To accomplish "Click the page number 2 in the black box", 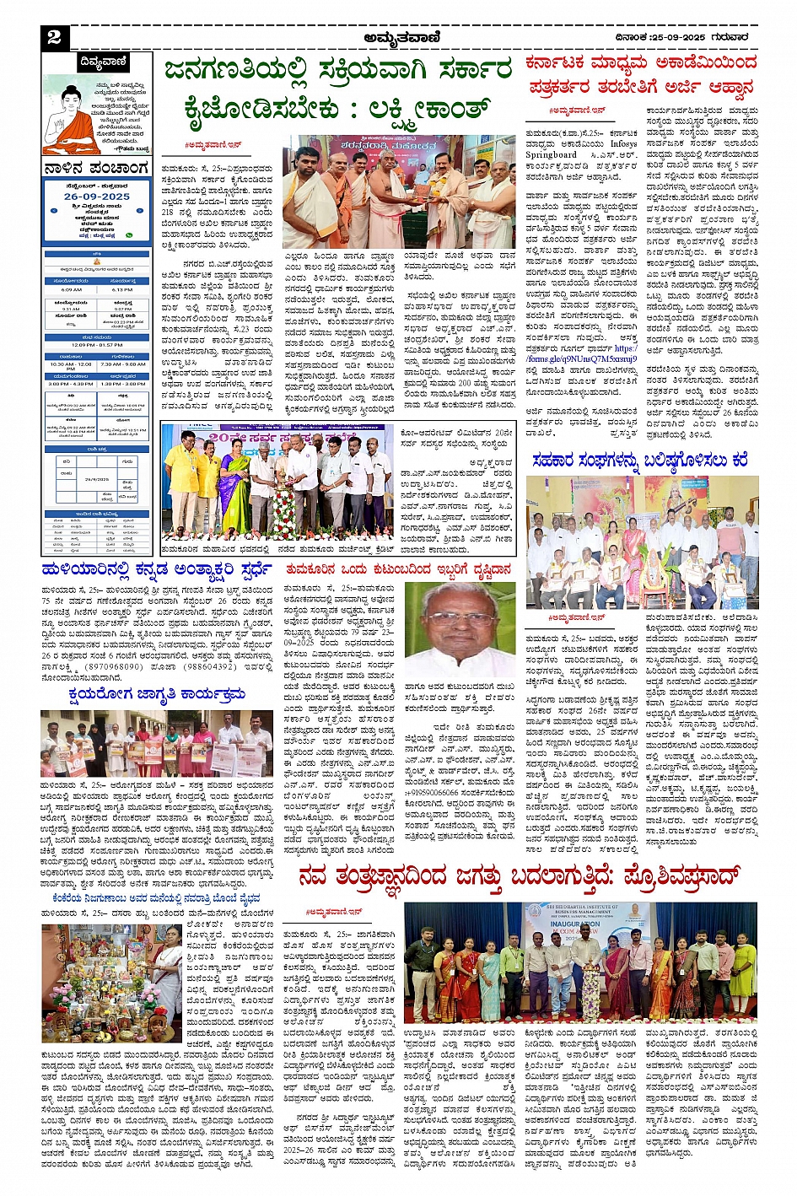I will point(54,37).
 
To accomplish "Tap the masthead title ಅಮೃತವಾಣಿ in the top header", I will point(400,37).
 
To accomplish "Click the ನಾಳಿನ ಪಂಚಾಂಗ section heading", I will point(95,169).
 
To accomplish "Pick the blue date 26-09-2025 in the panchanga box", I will point(97,196).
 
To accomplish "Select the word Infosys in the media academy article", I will point(624,144).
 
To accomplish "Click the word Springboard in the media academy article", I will point(552,154).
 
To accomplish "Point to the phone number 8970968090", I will point(114,666).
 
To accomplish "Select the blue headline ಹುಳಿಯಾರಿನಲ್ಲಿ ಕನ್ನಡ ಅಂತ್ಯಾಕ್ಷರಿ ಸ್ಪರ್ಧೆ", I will point(156,568).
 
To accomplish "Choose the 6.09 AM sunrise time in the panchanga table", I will point(72,289).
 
